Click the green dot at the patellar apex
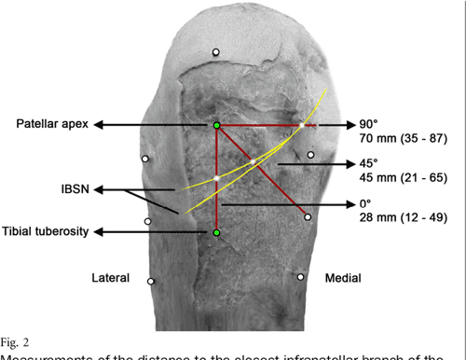216,125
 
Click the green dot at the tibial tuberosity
216,231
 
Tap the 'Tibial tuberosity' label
47,231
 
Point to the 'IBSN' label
64,188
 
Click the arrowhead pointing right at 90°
349,125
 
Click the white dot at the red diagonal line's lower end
307,216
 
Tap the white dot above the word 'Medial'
301,276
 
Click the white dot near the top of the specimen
214,52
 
